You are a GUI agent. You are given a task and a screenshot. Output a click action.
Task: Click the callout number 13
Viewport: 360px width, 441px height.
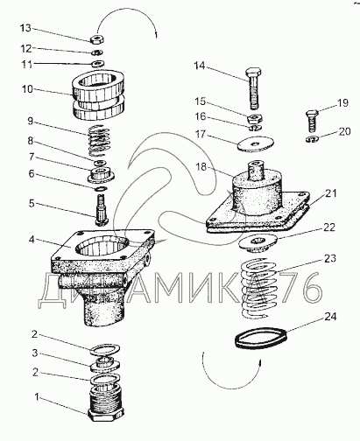point(25,28)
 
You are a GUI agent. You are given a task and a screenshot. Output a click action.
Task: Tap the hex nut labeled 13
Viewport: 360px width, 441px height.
point(96,39)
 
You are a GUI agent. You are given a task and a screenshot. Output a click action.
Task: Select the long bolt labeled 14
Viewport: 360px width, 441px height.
point(254,87)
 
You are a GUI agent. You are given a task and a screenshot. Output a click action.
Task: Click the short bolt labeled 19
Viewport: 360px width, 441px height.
point(312,121)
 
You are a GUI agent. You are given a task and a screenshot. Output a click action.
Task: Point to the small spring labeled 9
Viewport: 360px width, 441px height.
point(99,140)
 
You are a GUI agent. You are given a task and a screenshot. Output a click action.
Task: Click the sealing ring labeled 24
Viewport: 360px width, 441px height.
point(261,339)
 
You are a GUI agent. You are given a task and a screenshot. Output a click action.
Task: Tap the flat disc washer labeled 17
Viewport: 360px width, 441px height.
point(256,143)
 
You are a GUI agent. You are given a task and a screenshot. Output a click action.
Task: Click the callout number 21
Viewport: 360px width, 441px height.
point(330,193)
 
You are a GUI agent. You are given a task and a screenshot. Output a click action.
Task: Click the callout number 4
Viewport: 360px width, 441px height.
point(32,240)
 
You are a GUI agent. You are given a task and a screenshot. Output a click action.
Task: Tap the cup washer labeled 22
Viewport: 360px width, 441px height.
point(258,243)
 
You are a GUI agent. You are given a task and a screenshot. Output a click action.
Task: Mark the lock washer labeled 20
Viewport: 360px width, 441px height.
point(312,139)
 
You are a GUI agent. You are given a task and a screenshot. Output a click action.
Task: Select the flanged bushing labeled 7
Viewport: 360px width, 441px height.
point(101,175)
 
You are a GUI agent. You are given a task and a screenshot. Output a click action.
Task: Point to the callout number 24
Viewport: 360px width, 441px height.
point(330,317)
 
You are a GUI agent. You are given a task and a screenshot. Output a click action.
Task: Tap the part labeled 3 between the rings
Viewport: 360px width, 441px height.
point(104,364)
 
